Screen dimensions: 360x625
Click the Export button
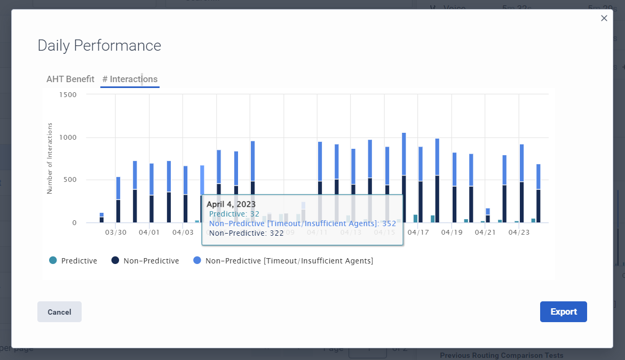(563, 312)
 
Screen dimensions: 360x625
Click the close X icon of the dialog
(604, 18)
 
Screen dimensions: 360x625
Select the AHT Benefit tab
(70, 79)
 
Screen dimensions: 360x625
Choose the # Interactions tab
(130, 79)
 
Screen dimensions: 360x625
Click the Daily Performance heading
(99, 46)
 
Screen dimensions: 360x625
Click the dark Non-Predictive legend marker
(115, 261)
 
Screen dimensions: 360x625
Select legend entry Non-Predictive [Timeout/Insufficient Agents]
(289, 261)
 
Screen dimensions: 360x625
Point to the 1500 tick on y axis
(68, 95)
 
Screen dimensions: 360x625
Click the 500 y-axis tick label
(70, 180)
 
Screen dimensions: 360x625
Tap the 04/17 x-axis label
(418, 233)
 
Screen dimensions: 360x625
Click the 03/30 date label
(116, 233)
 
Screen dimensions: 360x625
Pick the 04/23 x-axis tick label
(519, 233)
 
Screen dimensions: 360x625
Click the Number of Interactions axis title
(50, 158)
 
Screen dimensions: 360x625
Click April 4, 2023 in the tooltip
(231, 204)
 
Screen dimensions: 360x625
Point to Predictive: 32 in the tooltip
(234, 214)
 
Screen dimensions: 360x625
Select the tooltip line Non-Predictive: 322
(246, 233)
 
